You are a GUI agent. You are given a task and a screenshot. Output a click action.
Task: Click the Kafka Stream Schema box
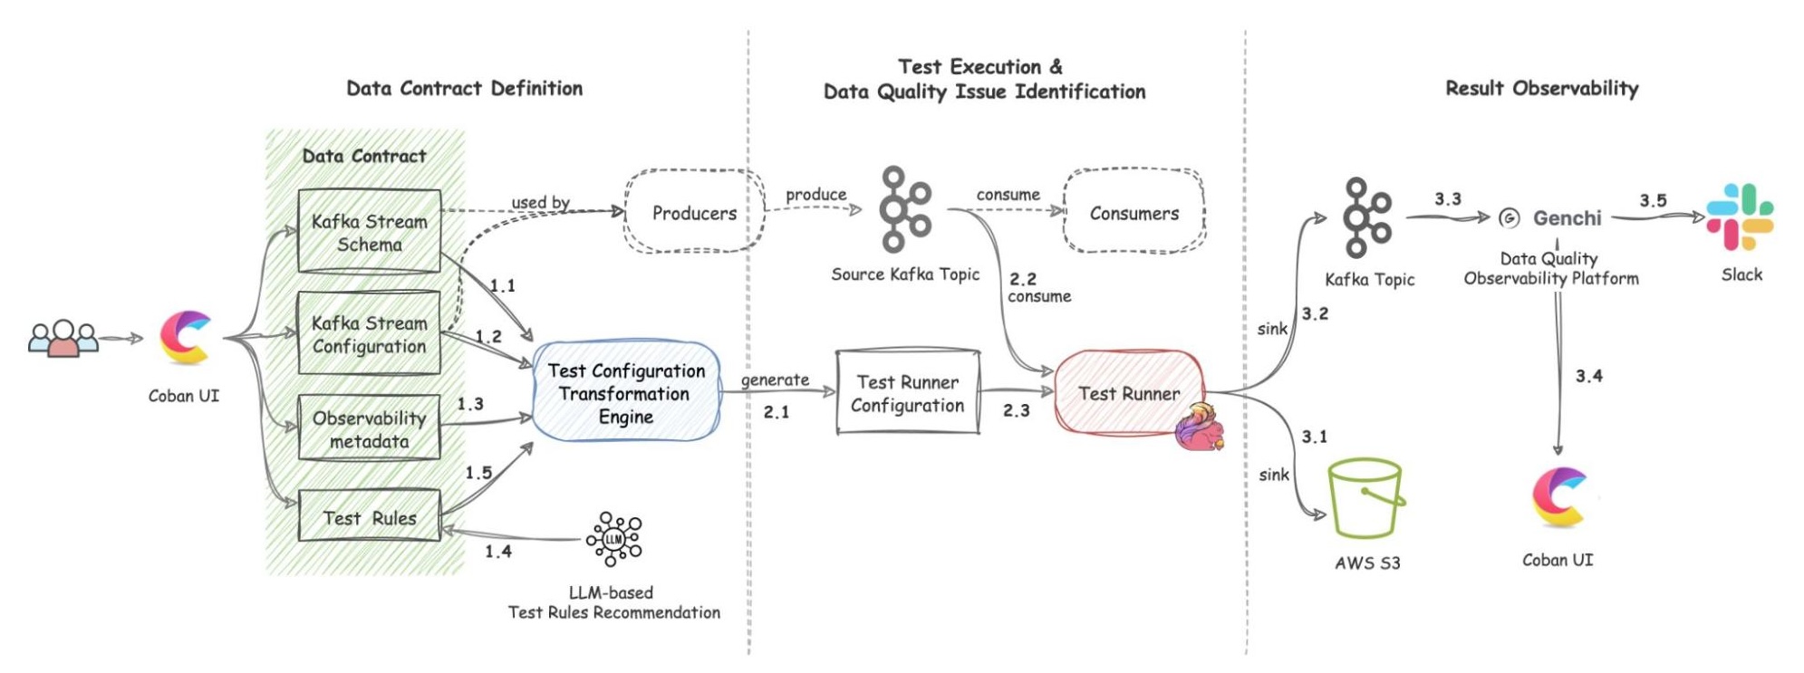(369, 231)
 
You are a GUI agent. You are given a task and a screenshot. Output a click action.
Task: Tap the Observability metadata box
(369, 428)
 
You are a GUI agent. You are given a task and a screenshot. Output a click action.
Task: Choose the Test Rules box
(369, 516)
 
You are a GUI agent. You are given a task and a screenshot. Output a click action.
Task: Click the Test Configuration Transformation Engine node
(625, 392)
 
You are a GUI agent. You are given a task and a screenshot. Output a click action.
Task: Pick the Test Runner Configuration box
(907, 392)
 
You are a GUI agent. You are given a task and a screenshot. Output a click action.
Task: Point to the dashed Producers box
(694, 212)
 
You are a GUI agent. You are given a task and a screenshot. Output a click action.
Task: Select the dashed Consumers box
(1134, 212)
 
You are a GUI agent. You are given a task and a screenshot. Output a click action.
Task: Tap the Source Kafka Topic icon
(903, 209)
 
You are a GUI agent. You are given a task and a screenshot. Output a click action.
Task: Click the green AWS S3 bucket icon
(1365, 497)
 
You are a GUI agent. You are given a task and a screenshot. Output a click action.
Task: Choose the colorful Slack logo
(1740, 217)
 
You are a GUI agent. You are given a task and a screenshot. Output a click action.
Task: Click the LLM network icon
(614, 539)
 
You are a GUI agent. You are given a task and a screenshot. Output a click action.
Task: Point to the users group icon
(63, 339)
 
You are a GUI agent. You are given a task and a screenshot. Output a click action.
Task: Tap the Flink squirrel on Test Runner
(1198, 428)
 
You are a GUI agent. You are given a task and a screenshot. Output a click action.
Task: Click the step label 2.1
(776, 412)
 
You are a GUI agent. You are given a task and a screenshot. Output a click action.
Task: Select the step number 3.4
(1588, 376)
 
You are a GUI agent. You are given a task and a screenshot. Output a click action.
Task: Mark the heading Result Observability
(1541, 88)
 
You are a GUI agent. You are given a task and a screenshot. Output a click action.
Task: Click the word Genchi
(1567, 218)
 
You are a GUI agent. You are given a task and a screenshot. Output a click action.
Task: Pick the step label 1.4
(497, 551)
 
